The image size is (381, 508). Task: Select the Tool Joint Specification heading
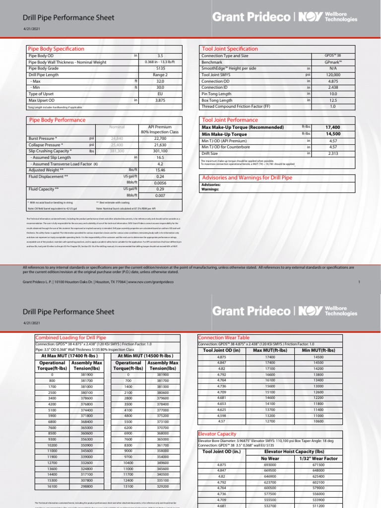[x=229, y=49]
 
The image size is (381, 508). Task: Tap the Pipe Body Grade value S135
[x=160, y=68]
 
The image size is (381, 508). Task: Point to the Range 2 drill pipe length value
[x=160, y=75]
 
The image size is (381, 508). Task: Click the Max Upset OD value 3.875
[x=160, y=100]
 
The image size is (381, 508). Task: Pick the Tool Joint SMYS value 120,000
[x=333, y=75]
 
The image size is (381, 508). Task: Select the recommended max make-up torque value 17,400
[x=332, y=127]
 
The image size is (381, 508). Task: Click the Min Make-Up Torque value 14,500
[x=332, y=134]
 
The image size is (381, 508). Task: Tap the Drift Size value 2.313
[x=333, y=153]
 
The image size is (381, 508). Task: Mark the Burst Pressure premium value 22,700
[x=160, y=138]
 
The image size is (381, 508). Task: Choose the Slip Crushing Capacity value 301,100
[x=160, y=151]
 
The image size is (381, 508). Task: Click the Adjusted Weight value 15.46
[x=160, y=170]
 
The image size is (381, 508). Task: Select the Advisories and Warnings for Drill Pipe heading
[x=246, y=178]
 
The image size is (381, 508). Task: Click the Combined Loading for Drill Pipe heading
[x=70, y=337]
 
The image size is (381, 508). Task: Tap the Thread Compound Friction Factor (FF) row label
[x=236, y=106]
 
